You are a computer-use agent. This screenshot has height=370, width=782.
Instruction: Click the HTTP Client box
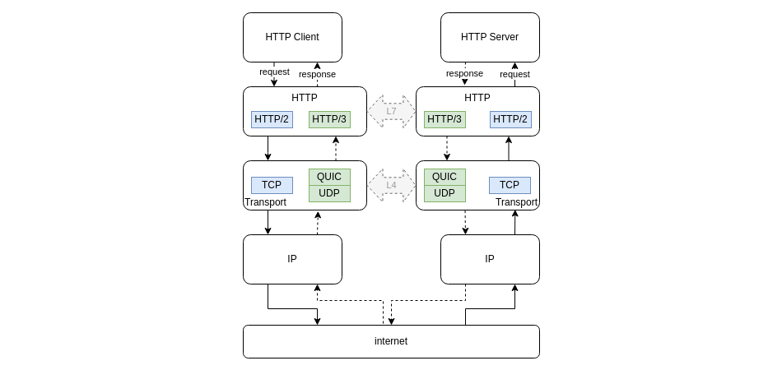(292, 37)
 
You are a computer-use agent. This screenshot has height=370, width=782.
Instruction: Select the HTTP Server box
(490, 37)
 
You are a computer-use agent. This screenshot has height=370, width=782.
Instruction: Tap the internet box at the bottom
(391, 341)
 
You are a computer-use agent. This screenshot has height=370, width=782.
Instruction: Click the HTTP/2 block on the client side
(272, 119)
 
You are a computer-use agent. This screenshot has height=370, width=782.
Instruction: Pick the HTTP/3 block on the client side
(329, 119)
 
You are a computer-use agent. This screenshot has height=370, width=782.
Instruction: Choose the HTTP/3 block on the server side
(445, 119)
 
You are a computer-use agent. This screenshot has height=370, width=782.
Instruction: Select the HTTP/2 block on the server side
(510, 119)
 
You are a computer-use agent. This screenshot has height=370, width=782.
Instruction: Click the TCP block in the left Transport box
(272, 185)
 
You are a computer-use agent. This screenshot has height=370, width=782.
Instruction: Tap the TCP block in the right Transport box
(510, 185)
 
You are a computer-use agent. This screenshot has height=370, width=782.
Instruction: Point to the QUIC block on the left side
(329, 177)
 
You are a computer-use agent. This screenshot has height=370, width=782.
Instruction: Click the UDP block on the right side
(445, 193)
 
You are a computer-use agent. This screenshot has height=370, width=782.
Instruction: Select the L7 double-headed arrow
(391, 111)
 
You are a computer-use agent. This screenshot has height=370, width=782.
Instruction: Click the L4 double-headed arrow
(391, 185)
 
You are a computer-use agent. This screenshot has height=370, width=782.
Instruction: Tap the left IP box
(292, 259)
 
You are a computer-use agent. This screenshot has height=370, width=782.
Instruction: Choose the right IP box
(490, 259)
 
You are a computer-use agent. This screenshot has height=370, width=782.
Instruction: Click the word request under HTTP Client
(274, 72)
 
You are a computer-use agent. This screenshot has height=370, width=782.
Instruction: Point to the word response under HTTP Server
(464, 73)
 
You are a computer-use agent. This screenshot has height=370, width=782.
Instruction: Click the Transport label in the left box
(265, 202)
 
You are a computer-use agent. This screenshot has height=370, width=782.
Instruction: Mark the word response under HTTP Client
(317, 74)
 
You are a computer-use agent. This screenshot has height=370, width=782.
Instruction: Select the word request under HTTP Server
(514, 74)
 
